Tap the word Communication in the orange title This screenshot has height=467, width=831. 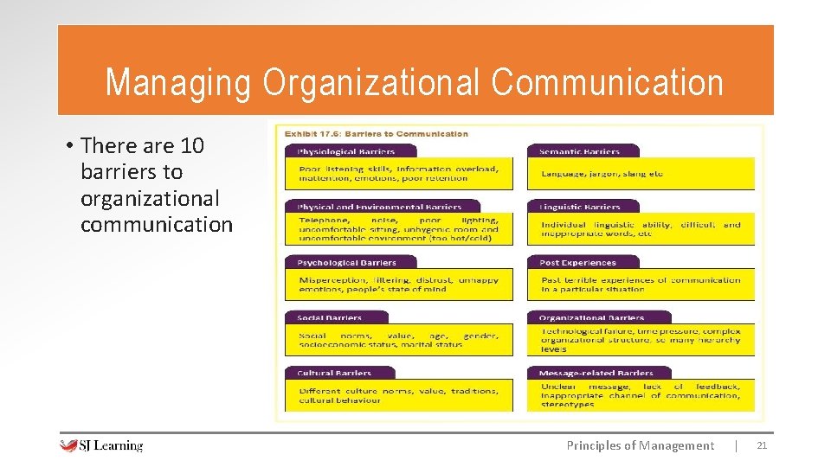[x=607, y=83]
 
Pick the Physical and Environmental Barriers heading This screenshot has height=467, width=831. [x=379, y=207]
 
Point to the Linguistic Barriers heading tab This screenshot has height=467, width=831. [x=580, y=207]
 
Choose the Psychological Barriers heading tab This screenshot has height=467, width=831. [x=346, y=262]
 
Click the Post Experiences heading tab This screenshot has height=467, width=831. [x=577, y=262]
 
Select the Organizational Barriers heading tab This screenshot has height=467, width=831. [x=591, y=317]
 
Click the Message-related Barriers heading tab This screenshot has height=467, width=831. [x=596, y=373]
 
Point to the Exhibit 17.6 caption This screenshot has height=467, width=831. [x=372, y=134]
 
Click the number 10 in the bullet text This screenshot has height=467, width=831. [x=193, y=145]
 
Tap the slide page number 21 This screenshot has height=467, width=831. [x=762, y=445]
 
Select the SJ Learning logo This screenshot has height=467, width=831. [x=101, y=445]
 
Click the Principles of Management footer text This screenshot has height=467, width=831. [x=640, y=445]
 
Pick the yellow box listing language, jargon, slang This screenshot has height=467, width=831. [x=641, y=174]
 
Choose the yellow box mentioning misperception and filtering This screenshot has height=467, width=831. [x=399, y=285]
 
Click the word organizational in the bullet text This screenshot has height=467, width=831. [x=150, y=199]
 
